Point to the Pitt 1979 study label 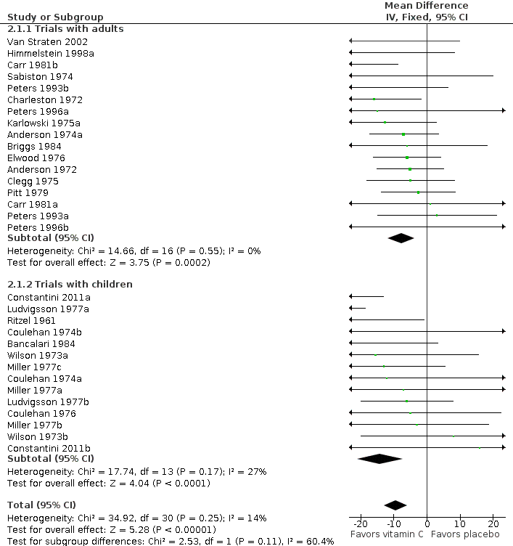point(28,192)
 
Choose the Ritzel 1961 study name point(31,320)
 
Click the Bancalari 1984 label point(41,343)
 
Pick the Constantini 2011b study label point(49,448)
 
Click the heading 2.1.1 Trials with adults point(65,29)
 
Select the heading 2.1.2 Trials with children point(70,284)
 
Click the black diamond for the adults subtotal point(401,238)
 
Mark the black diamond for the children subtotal point(380,459)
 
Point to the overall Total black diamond point(395,505)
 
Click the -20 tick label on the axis point(359,523)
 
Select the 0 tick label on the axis point(427,523)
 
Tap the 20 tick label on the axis point(493,523)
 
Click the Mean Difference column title point(427,6)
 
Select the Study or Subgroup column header point(55,17)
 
